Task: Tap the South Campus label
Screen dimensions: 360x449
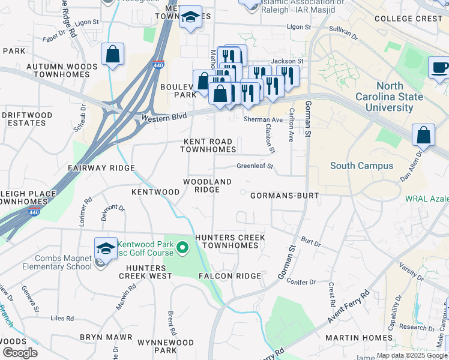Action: coord(361,166)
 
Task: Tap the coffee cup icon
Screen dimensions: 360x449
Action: coord(439,67)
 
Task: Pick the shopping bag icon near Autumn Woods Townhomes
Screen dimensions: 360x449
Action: coord(112,55)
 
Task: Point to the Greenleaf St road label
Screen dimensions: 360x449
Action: coord(255,166)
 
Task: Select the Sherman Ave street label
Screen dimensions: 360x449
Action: coord(263,120)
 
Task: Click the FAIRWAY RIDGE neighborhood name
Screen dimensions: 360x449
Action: coord(101,169)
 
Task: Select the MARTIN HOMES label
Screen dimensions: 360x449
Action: coord(351,338)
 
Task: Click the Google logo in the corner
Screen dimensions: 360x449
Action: coord(19,352)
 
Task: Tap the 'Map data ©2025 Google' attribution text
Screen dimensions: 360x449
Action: coord(412,355)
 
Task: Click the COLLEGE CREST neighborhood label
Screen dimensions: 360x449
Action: coord(408,19)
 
